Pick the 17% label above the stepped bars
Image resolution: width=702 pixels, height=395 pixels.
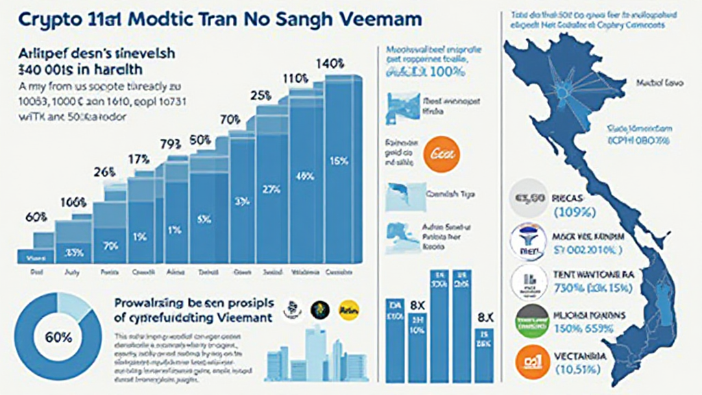click(x=139, y=160)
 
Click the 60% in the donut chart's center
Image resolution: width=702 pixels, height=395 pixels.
click(x=58, y=337)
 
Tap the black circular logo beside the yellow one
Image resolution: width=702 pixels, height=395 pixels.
click(x=320, y=310)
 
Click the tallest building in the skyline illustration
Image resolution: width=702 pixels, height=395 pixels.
click(x=316, y=350)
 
